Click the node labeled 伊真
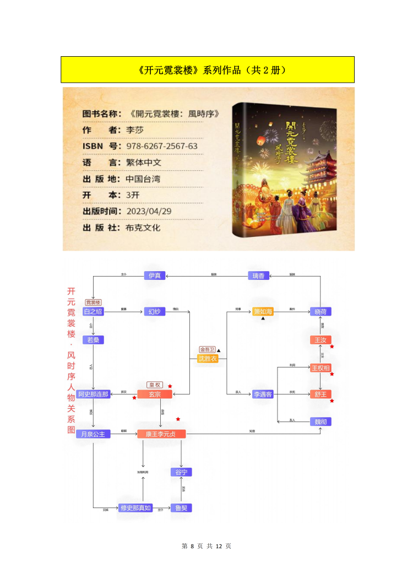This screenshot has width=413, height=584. (154, 275)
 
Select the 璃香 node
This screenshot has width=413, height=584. (258, 275)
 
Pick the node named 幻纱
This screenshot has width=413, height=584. (154, 312)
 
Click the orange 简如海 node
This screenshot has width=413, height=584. (263, 312)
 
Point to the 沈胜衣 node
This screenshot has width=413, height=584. (208, 359)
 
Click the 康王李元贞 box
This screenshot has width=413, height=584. (161, 434)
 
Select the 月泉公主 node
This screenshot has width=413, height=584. (93, 434)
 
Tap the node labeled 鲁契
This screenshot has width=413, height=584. (181, 507)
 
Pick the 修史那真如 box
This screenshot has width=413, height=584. (135, 507)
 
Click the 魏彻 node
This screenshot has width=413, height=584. (320, 421)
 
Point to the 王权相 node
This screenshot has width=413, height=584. (320, 367)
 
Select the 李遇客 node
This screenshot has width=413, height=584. (263, 394)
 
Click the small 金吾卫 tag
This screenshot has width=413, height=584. (207, 350)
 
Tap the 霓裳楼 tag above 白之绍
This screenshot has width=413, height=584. (93, 302)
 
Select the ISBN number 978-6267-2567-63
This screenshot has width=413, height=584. (162, 146)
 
